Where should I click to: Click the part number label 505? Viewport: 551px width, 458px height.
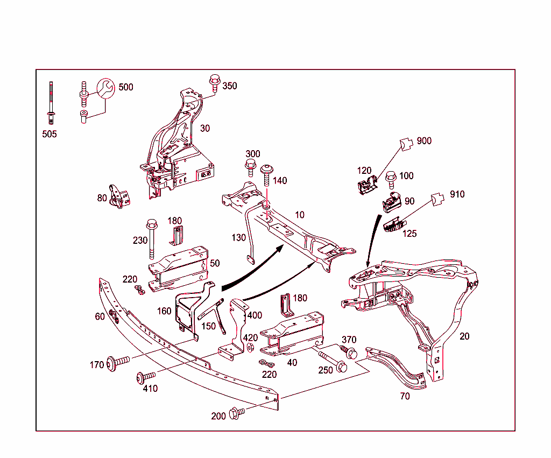click(x=50, y=134)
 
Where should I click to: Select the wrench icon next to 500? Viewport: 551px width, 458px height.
click(x=105, y=88)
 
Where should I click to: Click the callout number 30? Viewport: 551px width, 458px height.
click(x=205, y=128)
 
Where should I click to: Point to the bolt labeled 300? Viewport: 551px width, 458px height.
click(x=250, y=166)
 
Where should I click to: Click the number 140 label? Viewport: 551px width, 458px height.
click(x=280, y=181)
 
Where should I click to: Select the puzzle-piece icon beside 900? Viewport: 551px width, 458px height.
click(x=408, y=143)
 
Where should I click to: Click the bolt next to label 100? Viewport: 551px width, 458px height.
click(x=391, y=177)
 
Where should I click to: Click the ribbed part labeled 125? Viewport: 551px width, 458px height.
click(x=393, y=223)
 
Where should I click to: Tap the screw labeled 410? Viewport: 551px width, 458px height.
click(x=145, y=377)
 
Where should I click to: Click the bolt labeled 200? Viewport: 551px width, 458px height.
click(x=236, y=413)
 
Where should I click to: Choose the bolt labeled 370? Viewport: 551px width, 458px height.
click(x=349, y=353)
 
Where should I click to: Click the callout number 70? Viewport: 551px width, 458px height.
click(x=405, y=397)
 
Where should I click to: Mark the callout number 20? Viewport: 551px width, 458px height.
click(x=464, y=336)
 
